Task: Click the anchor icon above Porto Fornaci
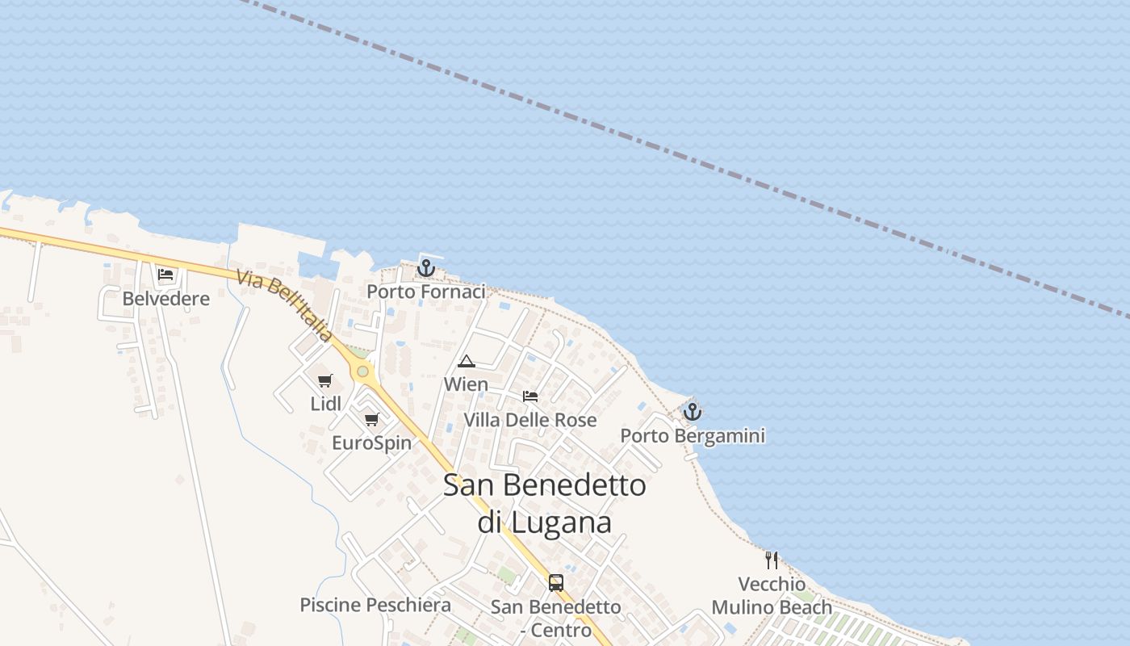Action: [426, 267]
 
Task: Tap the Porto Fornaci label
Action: [426, 292]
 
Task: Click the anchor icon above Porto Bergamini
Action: [692, 412]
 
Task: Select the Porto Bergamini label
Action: [693, 436]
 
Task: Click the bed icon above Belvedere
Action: [165, 275]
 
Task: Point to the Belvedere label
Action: [165, 299]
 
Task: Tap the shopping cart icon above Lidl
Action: [325, 380]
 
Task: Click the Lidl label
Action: [326, 404]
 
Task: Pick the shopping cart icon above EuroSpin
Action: [372, 419]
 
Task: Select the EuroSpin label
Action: [372, 443]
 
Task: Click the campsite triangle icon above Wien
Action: [466, 361]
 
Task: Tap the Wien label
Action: [466, 384]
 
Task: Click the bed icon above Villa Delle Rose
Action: [529, 396]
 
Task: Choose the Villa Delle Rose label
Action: [530, 420]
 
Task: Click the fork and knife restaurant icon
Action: [772, 560]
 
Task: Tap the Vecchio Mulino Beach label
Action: [772, 596]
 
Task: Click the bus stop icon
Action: [556, 582]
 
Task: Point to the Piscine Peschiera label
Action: [375, 605]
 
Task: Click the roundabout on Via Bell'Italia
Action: [363, 371]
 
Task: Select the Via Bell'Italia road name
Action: [284, 305]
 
